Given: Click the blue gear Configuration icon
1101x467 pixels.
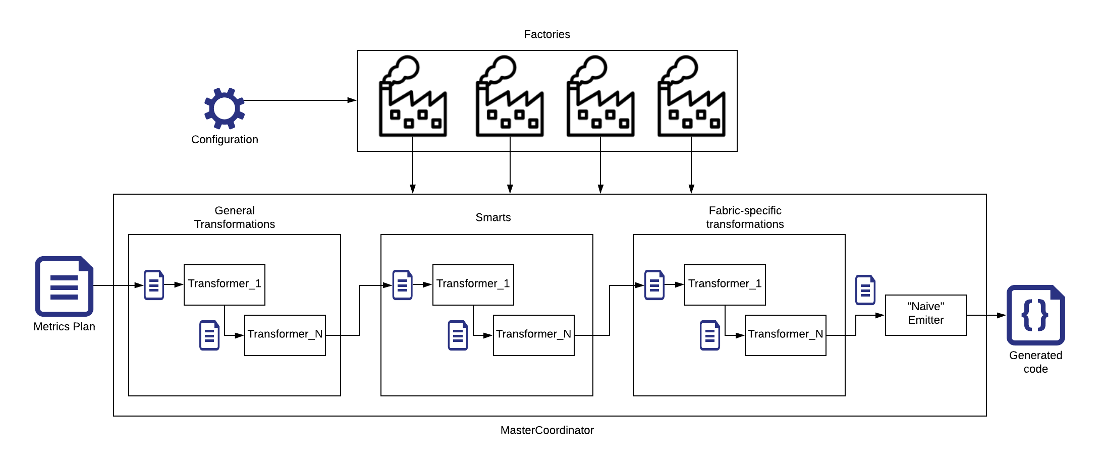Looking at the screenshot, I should click(225, 108).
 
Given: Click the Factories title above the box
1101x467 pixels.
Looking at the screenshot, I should click(546, 34).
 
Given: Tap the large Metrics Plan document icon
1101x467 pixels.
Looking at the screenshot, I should click(64, 286).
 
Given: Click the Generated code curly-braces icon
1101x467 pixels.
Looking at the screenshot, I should click(1035, 315).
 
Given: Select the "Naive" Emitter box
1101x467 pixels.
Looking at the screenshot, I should click(925, 315).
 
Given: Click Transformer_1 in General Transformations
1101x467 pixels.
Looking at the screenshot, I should click(224, 284).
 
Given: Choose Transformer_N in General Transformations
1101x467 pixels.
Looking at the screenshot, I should click(285, 335).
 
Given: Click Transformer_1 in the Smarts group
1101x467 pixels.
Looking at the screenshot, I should click(473, 284).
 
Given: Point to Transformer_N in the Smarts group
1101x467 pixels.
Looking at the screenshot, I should click(533, 335).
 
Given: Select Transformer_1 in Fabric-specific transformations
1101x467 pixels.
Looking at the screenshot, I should click(725, 284).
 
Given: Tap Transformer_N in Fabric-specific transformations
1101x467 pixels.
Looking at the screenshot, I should click(785, 335).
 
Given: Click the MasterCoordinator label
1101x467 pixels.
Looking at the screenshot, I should click(546, 430).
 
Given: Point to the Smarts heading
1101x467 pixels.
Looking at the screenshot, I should click(493, 217).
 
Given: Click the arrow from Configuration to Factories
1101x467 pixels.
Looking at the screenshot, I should click(300, 100).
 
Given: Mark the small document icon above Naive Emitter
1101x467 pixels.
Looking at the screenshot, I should click(865, 290).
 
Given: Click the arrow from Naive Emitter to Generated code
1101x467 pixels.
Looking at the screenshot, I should click(986, 315).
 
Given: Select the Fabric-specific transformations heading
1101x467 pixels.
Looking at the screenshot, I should click(745, 217).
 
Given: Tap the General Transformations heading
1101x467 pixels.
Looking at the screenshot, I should click(235, 217).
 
